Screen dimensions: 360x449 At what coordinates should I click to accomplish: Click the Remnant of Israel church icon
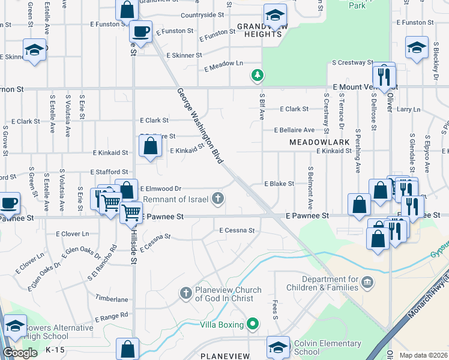click(x=220, y=199)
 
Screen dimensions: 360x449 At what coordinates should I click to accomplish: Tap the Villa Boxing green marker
click(x=253, y=325)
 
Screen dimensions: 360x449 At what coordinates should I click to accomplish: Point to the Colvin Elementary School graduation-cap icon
click(x=278, y=347)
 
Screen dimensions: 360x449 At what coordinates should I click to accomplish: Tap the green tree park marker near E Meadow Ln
click(x=257, y=75)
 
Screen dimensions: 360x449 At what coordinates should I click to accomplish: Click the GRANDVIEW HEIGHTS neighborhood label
click(x=259, y=30)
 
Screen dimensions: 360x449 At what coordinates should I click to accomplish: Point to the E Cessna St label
click(x=237, y=230)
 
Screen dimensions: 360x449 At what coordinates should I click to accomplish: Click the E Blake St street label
click(x=279, y=184)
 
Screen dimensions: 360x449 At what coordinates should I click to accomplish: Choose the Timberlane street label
click(x=112, y=298)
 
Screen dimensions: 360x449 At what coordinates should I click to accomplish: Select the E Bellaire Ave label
click(x=294, y=130)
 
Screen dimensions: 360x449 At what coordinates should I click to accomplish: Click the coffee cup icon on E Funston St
click(x=140, y=32)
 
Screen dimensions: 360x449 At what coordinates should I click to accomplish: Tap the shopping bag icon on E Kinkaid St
click(x=150, y=146)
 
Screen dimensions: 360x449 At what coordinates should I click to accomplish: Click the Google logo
click(x=20, y=353)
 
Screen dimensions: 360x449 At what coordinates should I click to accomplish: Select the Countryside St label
click(x=202, y=14)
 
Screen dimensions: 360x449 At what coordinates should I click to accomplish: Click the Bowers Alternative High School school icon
click(x=15, y=326)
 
